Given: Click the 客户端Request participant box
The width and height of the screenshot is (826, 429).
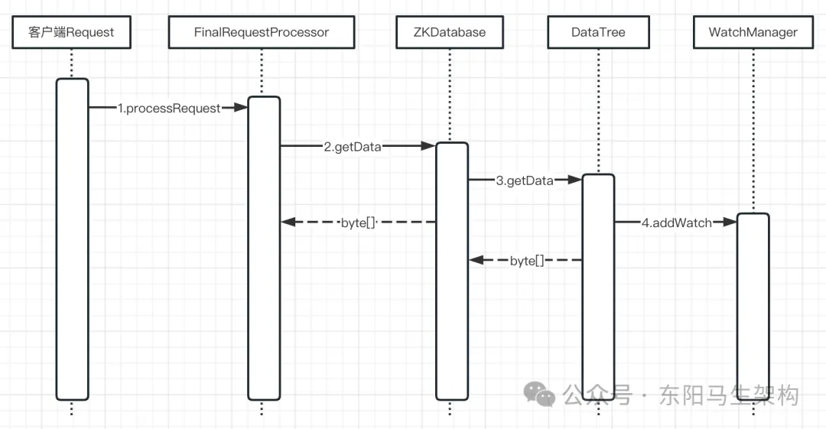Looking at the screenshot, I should (x=71, y=32).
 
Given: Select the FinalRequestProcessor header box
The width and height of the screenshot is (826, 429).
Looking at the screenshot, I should (x=261, y=32).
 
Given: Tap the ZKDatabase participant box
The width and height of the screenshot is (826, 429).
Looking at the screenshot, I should (x=450, y=32).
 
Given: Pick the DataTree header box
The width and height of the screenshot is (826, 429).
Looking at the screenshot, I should (x=598, y=32).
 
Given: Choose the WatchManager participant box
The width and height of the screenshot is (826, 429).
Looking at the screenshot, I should (x=753, y=32).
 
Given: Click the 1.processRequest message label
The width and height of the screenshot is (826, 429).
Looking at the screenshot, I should (x=168, y=108).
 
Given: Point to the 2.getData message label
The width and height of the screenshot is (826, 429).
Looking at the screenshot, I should (x=352, y=147).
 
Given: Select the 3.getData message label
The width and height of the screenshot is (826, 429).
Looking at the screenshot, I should (x=524, y=180).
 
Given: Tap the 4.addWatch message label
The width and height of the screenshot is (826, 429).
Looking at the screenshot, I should (x=676, y=223).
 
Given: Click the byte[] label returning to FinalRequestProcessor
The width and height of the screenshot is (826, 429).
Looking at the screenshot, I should (x=359, y=223).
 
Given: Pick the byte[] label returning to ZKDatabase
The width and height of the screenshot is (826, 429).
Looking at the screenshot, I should (x=527, y=260).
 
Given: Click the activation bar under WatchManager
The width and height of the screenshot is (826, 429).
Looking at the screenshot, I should (x=753, y=306).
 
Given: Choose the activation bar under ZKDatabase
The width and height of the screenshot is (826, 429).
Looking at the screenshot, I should (x=451, y=271).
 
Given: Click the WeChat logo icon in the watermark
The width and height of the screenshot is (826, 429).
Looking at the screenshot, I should (x=540, y=394).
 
